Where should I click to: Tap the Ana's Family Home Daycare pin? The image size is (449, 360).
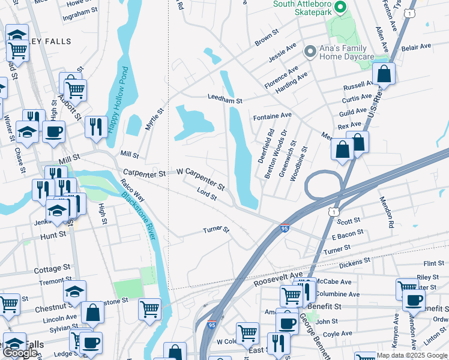tap(310, 52)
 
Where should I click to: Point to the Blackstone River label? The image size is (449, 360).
tap(139, 213)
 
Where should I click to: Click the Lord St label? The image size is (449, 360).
tap(206, 194)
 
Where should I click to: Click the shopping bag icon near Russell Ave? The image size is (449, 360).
tap(384, 75)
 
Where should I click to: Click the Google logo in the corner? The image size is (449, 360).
tap(20, 353)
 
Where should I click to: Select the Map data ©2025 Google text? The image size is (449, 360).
tap(412, 355)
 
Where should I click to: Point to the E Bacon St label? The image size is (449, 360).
tap(348, 235)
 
